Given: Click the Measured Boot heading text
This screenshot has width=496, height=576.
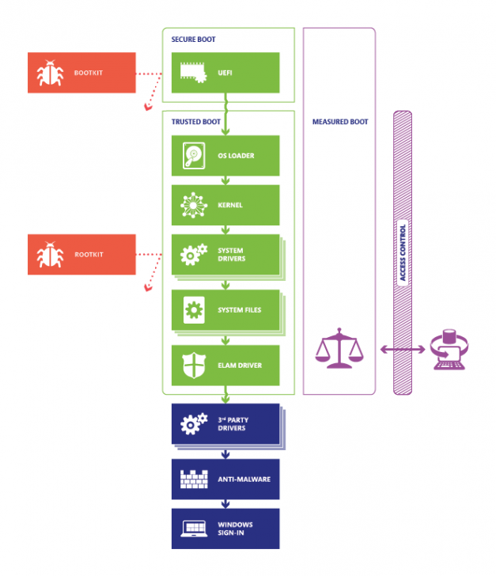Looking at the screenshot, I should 339,121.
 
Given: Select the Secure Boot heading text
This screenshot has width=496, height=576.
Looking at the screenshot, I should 193,39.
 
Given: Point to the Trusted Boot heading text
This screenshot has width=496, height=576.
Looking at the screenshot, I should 195,122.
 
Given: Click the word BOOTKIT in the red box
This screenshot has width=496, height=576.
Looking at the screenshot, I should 88,73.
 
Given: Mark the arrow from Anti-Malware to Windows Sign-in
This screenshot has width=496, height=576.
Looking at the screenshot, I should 226,503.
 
